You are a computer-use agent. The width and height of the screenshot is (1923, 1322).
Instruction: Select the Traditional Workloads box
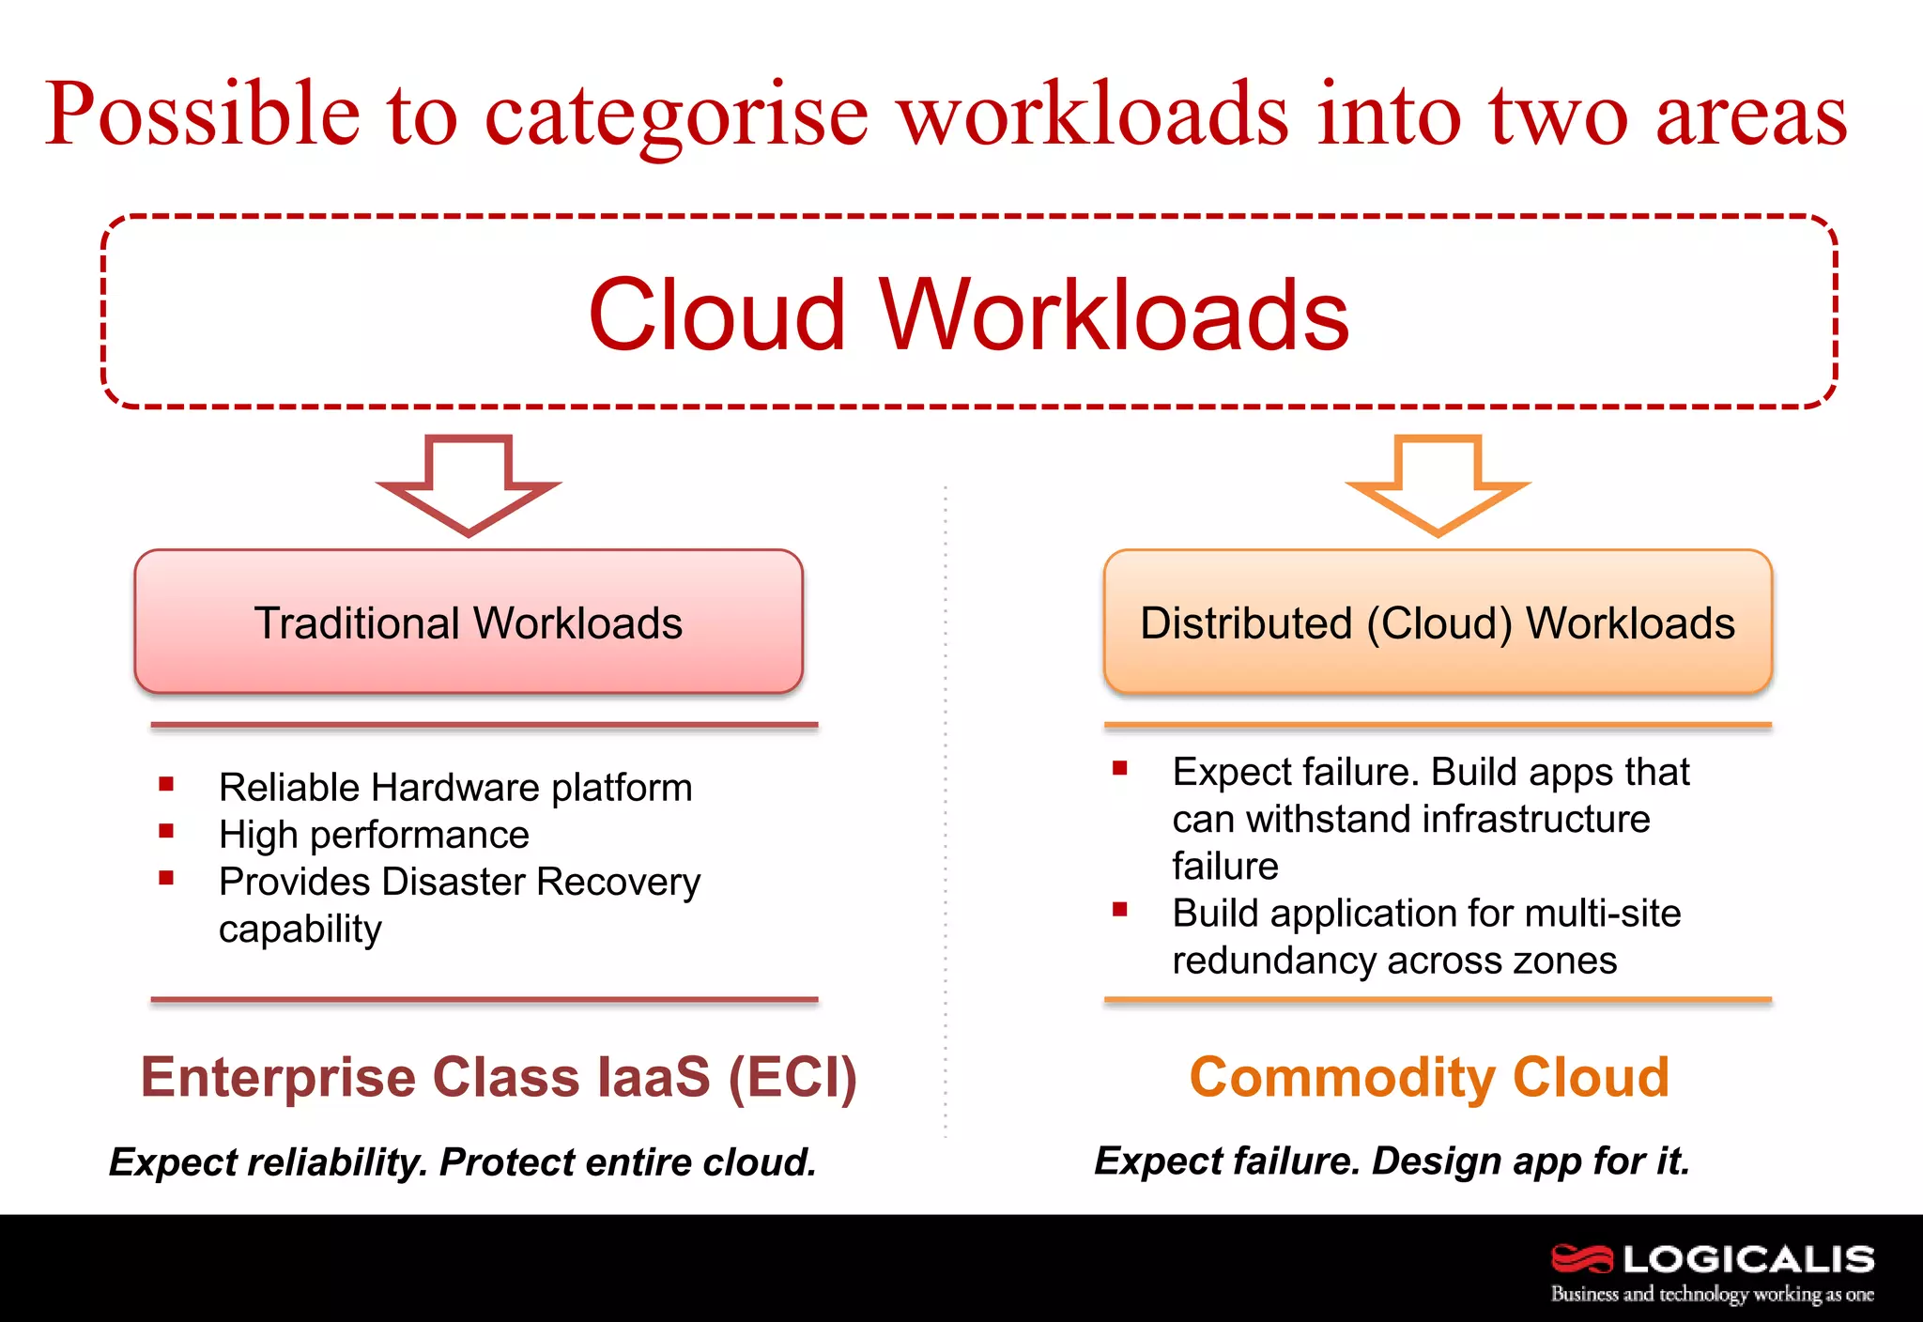point(469,623)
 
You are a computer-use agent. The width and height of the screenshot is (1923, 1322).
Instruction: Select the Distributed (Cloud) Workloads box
point(1438,623)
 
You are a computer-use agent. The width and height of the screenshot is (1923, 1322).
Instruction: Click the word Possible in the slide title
point(203,115)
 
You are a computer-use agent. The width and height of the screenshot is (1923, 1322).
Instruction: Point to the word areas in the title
point(1751,115)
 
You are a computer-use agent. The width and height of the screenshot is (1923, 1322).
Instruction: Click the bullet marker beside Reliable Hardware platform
point(166,784)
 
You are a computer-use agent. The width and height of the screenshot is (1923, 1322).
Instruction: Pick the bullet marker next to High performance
point(166,831)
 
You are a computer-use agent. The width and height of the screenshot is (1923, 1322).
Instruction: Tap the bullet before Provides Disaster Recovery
point(166,878)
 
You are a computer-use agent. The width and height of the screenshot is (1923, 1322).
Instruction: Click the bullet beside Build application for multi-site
point(1119,909)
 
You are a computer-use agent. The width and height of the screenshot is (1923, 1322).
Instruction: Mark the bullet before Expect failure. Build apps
point(1119,768)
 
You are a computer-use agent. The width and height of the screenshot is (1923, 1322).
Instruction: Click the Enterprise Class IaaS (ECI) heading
point(499,1077)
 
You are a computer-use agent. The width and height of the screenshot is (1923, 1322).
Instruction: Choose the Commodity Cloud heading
point(1429,1077)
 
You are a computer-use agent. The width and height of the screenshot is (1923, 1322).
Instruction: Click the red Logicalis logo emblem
point(1581,1258)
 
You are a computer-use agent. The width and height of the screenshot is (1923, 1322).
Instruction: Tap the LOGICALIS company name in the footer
point(1748,1259)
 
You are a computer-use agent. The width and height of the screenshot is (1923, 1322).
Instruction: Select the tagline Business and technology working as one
point(1712,1294)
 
